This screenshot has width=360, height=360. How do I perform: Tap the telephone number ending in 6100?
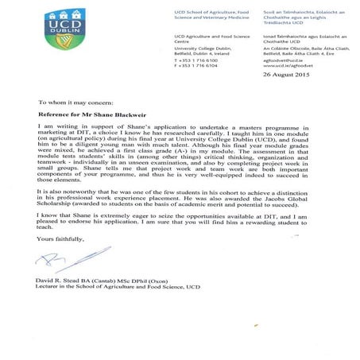[198, 60]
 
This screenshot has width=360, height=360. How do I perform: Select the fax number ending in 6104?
[198, 67]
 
